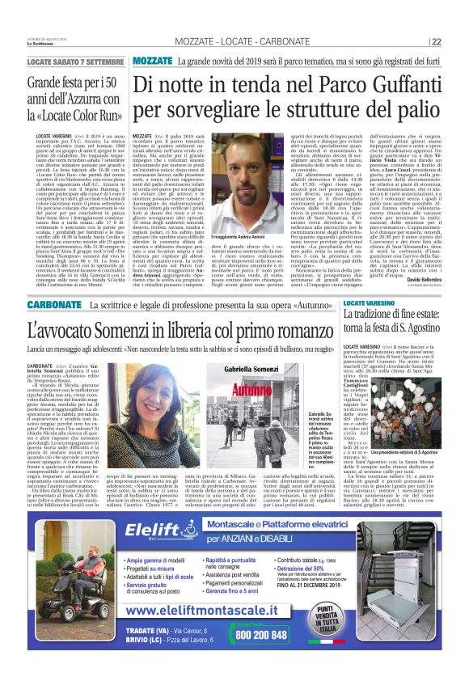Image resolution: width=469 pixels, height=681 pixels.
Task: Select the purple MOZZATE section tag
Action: click(152, 61)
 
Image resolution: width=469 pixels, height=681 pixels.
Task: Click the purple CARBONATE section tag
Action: click(56, 306)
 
